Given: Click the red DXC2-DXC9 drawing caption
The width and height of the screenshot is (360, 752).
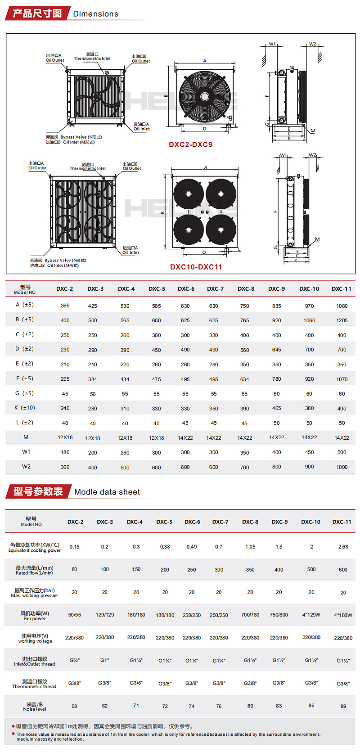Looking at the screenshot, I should click(x=190, y=145).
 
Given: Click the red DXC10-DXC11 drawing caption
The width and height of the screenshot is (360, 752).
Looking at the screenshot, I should click(x=196, y=267).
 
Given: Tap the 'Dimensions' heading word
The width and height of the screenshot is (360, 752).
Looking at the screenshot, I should click(x=95, y=14).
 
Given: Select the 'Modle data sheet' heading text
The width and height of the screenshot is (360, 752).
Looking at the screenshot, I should click(x=107, y=492).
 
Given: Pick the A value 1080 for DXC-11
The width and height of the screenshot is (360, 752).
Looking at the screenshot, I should click(x=342, y=306).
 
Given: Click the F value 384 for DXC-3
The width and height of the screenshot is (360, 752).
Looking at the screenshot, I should click(x=92, y=379).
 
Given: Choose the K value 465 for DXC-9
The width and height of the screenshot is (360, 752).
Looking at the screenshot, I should click(x=276, y=408).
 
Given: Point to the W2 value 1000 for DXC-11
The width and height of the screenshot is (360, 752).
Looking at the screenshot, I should click(x=342, y=467).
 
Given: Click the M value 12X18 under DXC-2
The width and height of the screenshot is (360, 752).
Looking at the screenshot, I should click(x=65, y=437).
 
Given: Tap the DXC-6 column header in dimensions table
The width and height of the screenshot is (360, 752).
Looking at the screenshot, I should click(x=186, y=289).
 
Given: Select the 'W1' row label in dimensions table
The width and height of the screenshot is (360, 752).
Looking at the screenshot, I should click(x=26, y=452).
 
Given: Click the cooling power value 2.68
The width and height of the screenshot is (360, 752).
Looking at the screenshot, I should click(x=343, y=547).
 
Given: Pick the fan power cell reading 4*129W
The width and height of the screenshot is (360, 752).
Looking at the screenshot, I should click(x=311, y=615).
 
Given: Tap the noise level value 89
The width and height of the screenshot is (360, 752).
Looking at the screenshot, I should click(x=343, y=706).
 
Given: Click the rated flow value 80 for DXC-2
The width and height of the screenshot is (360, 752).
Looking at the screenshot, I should click(x=74, y=569).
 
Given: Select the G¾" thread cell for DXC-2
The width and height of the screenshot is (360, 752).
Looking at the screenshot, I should click(x=74, y=660).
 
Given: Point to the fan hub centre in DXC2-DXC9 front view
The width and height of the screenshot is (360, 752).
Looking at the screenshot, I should click(x=205, y=96).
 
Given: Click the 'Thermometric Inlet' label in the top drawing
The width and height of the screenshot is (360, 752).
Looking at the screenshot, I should click(x=92, y=59).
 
